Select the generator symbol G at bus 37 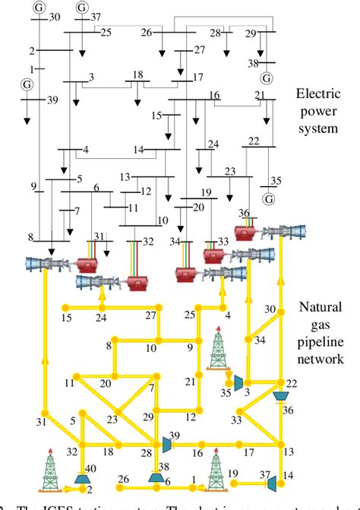pyautogui.click(x=82, y=6)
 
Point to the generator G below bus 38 pyautogui.click(x=266, y=78)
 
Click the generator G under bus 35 pyautogui.click(x=268, y=199)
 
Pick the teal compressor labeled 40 pyautogui.click(x=80, y=478)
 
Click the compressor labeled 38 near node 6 pyautogui.click(x=155, y=477)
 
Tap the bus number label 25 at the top pyautogui.click(x=105, y=31)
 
